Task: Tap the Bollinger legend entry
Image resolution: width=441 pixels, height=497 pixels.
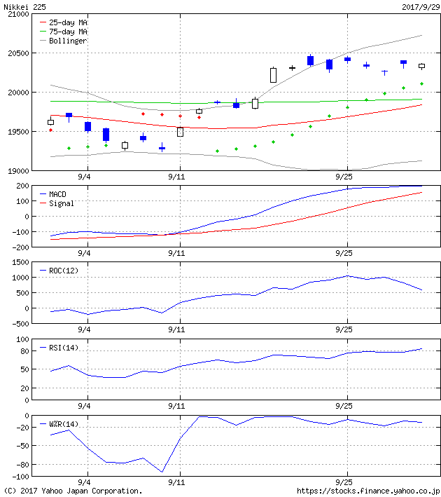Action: [x=68, y=41]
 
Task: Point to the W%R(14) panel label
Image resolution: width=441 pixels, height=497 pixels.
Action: [x=65, y=424]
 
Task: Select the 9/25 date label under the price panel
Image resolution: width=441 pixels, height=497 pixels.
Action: [x=344, y=177]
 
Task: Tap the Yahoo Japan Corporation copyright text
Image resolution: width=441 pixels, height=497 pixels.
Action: [x=73, y=491]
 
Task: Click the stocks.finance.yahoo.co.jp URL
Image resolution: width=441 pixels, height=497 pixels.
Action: [x=368, y=491]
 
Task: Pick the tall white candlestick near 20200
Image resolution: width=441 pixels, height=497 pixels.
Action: [x=273, y=75]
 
